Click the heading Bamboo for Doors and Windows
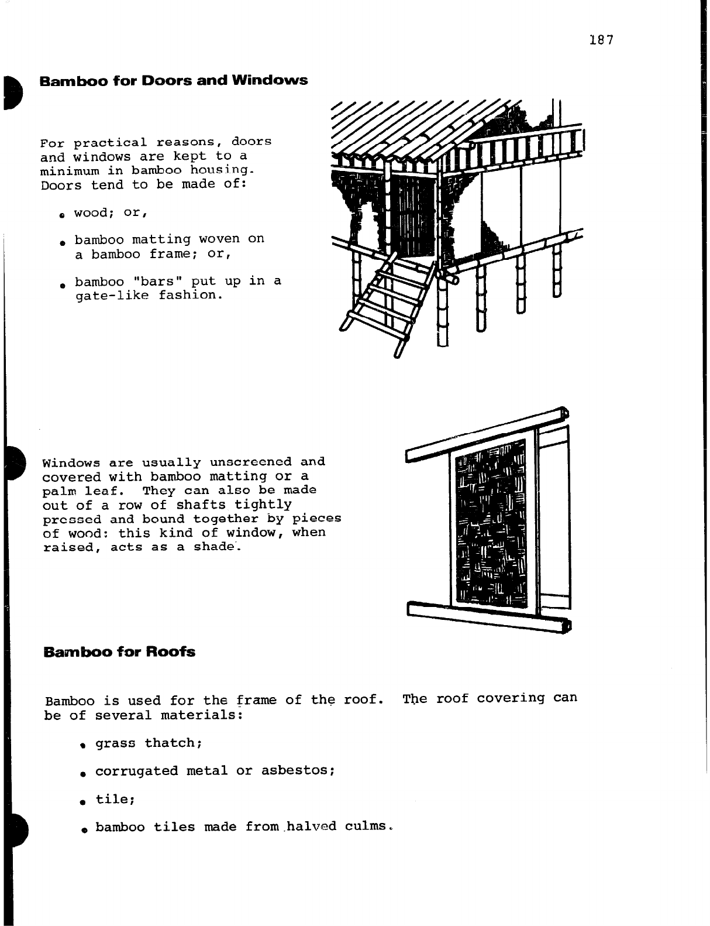(173, 80)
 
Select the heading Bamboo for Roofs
(119, 651)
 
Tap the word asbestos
(298, 771)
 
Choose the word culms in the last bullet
(366, 827)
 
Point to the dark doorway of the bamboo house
(413, 217)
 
